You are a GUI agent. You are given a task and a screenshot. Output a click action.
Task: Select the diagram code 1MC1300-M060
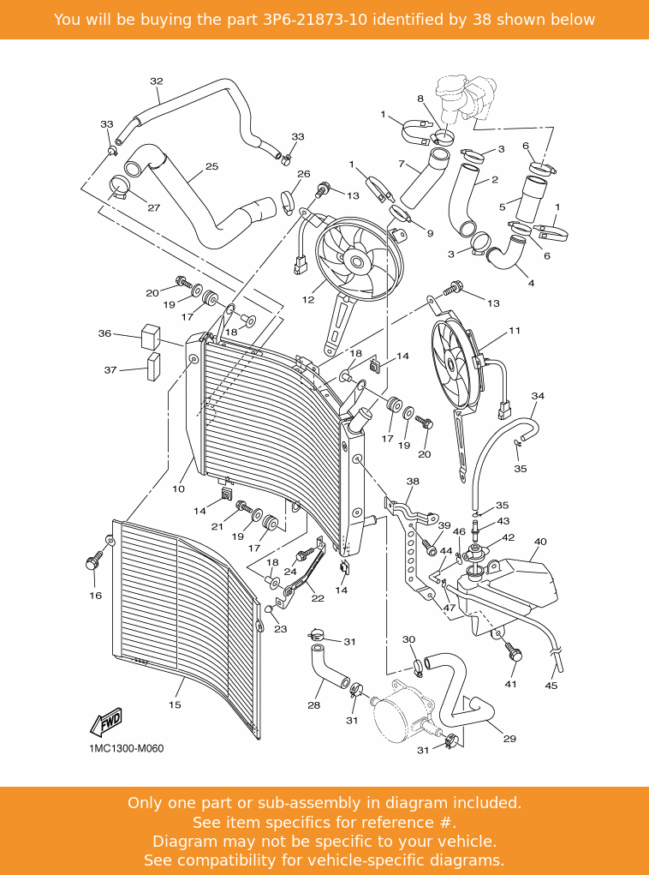coord(126,748)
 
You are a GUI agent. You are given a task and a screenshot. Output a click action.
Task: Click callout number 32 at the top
coord(156,81)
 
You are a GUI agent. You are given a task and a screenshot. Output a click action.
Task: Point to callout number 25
coord(211,166)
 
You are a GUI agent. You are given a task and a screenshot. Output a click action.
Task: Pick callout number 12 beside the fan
coord(307,300)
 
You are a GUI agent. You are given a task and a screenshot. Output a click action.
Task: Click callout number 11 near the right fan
coord(514,330)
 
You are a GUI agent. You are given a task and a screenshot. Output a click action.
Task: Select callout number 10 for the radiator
coord(178,489)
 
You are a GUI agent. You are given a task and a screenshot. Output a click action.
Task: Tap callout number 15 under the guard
coord(175,705)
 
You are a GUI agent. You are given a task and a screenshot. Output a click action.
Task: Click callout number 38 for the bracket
coord(413,482)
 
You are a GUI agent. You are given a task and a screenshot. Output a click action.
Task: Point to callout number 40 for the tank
coord(540,542)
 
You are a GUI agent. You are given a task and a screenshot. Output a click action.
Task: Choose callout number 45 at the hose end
coord(551,686)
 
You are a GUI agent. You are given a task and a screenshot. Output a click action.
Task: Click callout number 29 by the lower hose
coord(509,739)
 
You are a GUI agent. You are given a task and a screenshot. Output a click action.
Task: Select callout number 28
coord(313,705)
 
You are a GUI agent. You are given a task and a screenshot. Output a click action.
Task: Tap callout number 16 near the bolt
coord(95,596)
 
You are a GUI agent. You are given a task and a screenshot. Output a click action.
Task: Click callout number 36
coord(104,333)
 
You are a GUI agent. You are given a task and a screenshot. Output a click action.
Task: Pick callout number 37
coord(110,370)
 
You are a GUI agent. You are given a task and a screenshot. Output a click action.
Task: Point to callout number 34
coord(538,396)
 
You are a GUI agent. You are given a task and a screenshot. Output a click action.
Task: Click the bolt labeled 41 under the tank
coord(514,654)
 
